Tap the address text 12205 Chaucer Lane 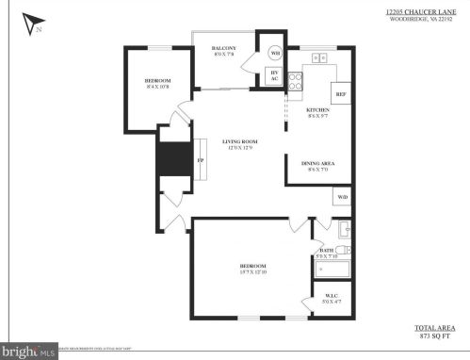click(x=413, y=12)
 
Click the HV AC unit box click(x=275, y=76)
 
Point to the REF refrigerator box click(x=340, y=93)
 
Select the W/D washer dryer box click(x=342, y=196)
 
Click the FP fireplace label click(x=200, y=159)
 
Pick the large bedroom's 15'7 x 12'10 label click(x=252, y=272)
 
